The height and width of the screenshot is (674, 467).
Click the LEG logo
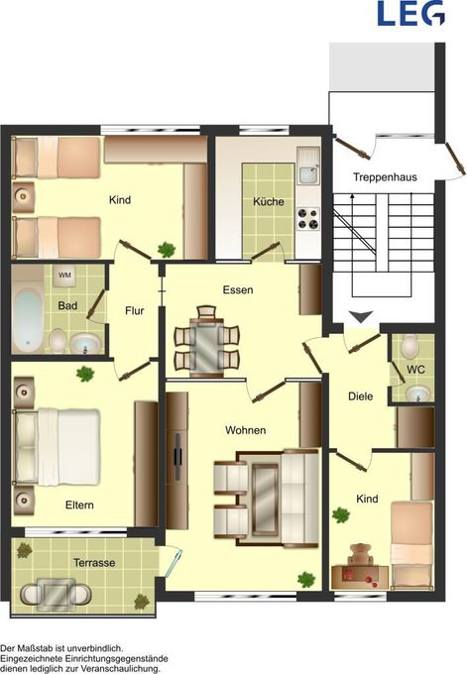click(410, 13)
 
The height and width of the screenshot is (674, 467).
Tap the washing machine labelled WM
click(64, 276)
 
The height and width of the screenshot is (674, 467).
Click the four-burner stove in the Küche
click(308, 218)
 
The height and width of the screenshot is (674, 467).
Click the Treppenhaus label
click(385, 176)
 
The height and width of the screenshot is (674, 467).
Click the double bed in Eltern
click(58, 447)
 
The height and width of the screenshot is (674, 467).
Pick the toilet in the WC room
click(410, 345)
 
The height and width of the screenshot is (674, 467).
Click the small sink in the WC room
click(418, 393)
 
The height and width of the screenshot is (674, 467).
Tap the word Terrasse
click(94, 562)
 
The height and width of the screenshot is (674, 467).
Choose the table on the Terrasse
click(56, 593)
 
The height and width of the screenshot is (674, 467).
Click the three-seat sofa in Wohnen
click(298, 498)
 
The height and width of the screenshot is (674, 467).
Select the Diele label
click(360, 396)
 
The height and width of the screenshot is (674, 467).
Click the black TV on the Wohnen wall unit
click(177, 457)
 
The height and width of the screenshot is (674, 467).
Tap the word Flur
click(135, 311)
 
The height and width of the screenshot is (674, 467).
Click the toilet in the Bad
click(58, 340)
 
